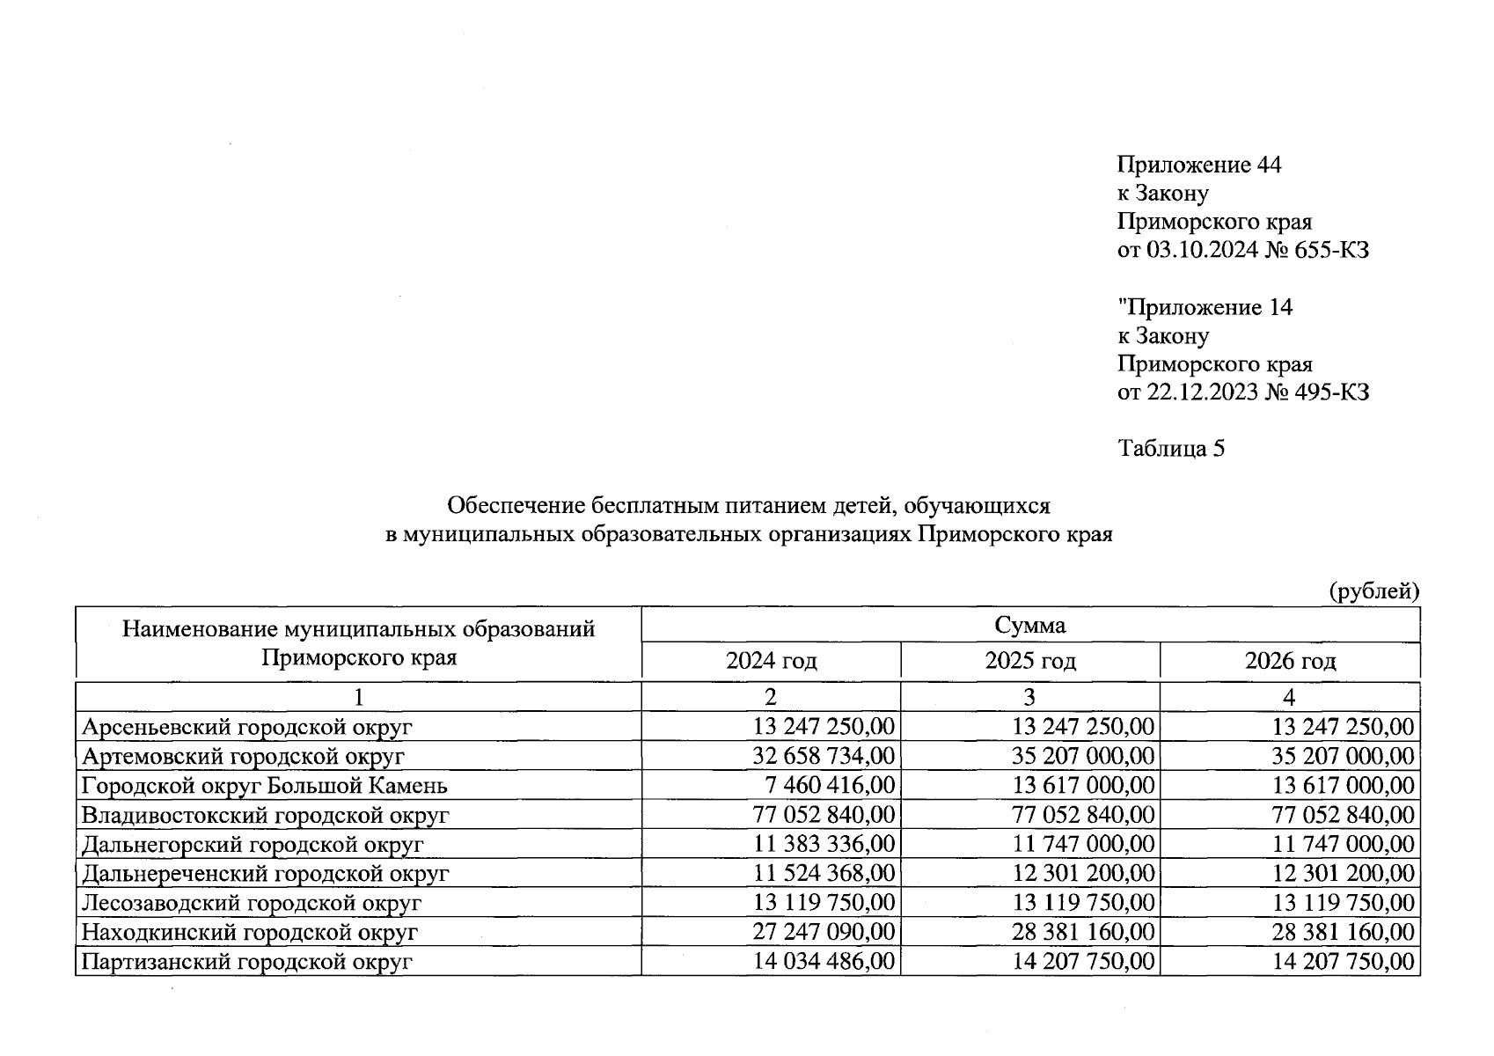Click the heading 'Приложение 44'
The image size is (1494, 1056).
click(1198, 165)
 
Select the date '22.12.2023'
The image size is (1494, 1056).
click(1201, 392)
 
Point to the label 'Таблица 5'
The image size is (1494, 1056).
click(1171, 449)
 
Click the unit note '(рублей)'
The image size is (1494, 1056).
click(1373, 591)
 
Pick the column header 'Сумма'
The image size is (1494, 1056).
click(1029, 625)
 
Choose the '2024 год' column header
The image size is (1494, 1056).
click(771, 661)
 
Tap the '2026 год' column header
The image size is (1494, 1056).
click(1289, 661)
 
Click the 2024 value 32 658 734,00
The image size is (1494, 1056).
click(824, 756)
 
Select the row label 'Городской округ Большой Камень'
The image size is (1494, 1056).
click(265, 786)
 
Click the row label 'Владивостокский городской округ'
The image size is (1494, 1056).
click(266, 815)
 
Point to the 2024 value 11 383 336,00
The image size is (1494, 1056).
click(824, 844)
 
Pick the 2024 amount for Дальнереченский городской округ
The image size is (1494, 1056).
click(824, 873)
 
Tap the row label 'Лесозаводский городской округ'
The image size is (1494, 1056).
click(252, 903)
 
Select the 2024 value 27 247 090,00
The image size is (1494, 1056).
click(824, 932)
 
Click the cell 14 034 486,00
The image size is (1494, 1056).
click(824, 961)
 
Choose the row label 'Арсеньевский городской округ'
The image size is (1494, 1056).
click(247, 727)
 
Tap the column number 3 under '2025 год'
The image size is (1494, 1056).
click(1029, 697)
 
